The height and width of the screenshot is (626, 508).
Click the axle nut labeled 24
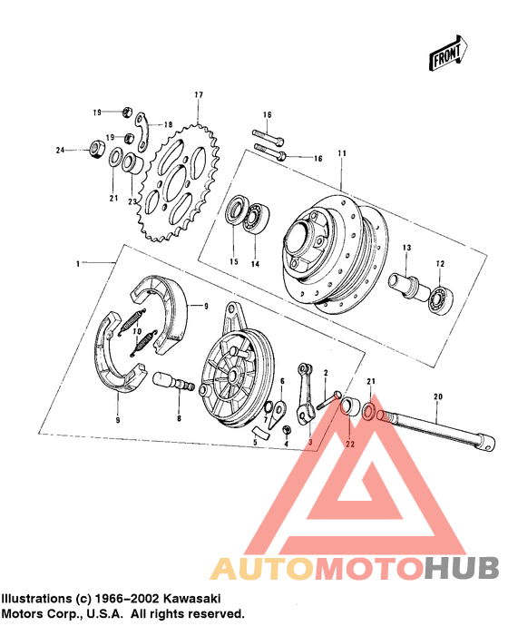93,149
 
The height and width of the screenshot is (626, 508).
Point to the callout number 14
256,264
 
